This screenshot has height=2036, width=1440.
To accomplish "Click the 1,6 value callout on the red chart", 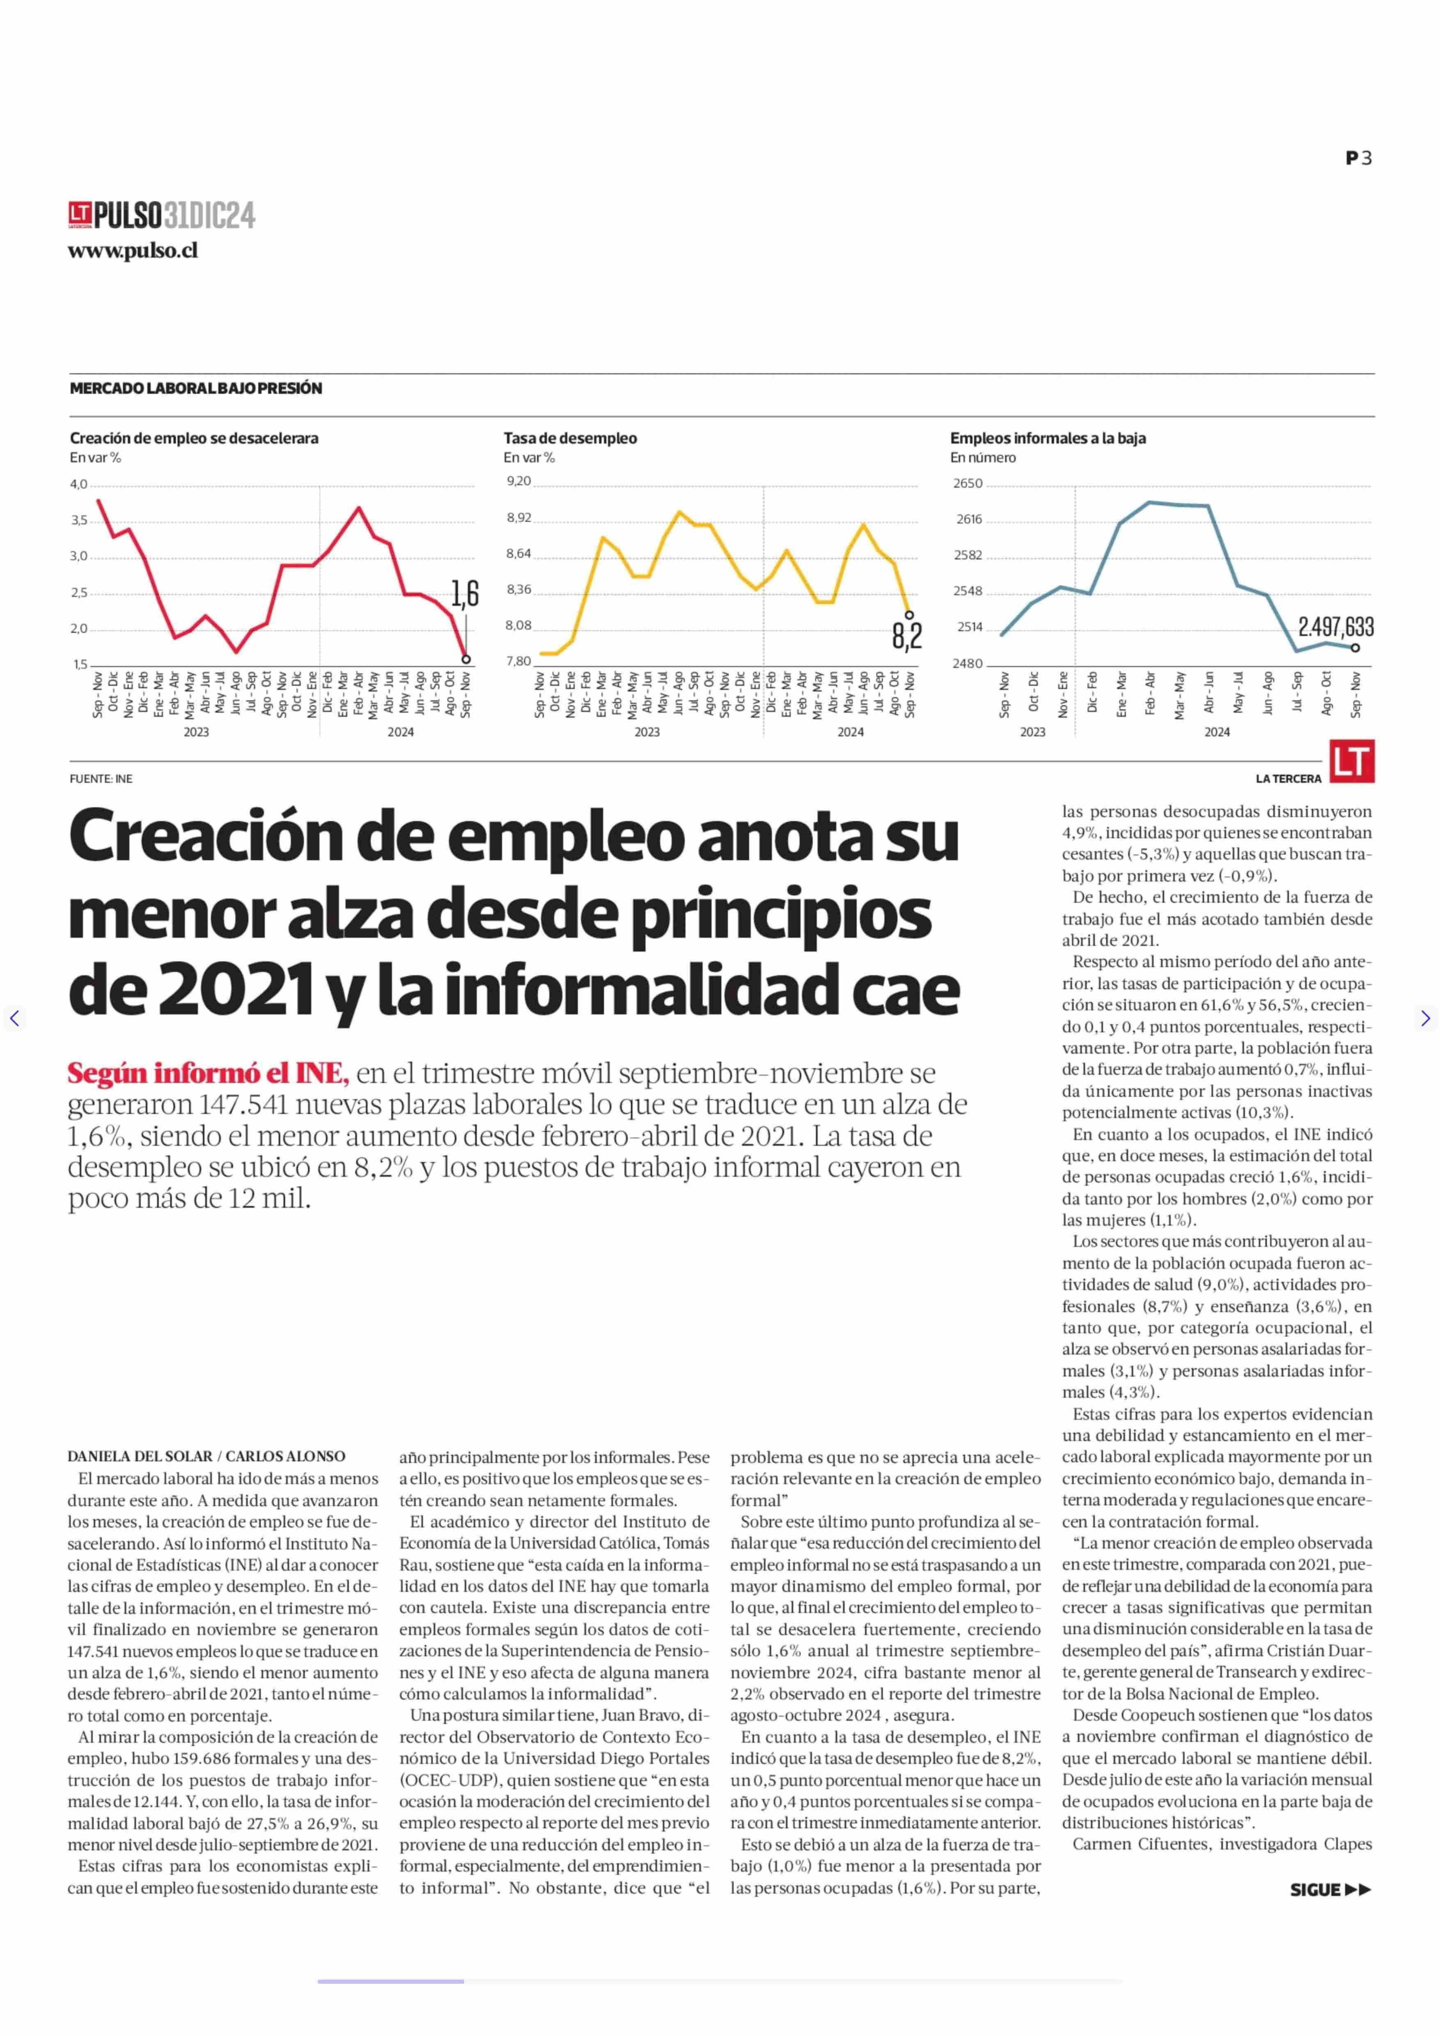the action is click(x=465, y=593).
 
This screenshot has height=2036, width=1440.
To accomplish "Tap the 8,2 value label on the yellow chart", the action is click(x=907, y=635).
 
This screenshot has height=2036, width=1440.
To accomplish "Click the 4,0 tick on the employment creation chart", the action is click(x=79, y=485).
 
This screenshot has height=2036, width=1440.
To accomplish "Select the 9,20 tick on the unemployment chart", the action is click(x=519, y=481).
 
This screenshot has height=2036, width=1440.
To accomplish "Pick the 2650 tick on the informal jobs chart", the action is click(x=968, y=483).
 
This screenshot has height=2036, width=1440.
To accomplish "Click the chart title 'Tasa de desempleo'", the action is click(x=570, y=438).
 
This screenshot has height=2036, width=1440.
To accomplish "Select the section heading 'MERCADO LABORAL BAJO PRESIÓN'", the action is click(x=196, y=388).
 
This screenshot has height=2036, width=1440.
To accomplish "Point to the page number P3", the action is click(x=1358, y=158).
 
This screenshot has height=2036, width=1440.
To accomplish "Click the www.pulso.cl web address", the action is click(x=133, y=251).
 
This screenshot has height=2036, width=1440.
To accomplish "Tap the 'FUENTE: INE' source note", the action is click(x=101, y=779).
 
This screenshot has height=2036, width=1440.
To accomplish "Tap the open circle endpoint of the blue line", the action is click(x=1355, y=648).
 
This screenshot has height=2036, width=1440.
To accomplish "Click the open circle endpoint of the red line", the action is click(x=466, y=659).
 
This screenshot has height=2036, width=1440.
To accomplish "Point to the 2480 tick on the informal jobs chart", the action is click(x=968, y=664).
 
